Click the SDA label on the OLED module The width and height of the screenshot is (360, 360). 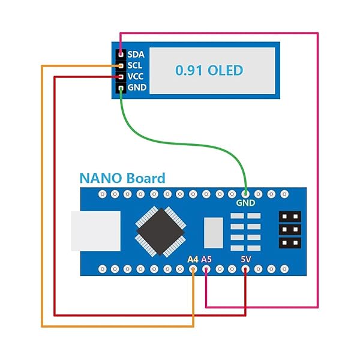[135, 55]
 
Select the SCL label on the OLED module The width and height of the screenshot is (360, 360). [135, 65]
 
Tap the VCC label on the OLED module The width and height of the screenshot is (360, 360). [135, 77]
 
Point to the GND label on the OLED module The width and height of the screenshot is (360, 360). [135, 88]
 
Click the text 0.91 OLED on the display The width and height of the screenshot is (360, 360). [209, 70]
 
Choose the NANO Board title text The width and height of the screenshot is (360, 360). [122, 178]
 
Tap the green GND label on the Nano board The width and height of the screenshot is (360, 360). [245, 203]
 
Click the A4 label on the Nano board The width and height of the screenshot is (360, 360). [193, 259]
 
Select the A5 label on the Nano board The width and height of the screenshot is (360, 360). [206, 259]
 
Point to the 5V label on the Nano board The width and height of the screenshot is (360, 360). [245, 259]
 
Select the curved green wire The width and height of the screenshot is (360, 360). [180, 142]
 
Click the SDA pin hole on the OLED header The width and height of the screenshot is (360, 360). [121, 55]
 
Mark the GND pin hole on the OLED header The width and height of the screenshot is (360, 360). [121, 88]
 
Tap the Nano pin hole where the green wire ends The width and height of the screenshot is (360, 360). [245, 194]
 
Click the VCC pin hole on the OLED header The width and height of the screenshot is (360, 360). [121, 77]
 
